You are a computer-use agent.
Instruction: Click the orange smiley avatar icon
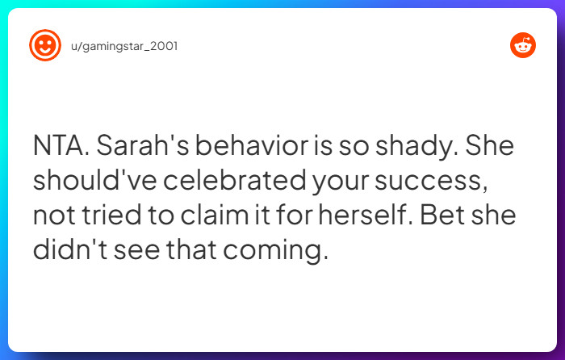pos(45,45)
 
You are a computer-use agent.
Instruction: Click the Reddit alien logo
pos(523,45)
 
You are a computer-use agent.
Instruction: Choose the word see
pos(134,250)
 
